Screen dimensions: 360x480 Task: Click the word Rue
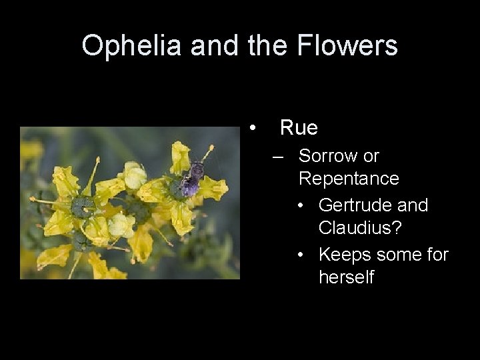299,127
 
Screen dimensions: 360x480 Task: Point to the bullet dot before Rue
252,127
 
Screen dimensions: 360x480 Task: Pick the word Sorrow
329,156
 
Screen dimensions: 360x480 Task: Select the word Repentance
349,179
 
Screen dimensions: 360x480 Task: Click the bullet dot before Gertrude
303,206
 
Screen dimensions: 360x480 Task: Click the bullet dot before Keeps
303,255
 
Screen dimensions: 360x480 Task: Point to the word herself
346,277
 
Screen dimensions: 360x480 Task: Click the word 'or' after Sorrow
371,156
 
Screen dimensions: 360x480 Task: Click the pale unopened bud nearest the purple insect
134,175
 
